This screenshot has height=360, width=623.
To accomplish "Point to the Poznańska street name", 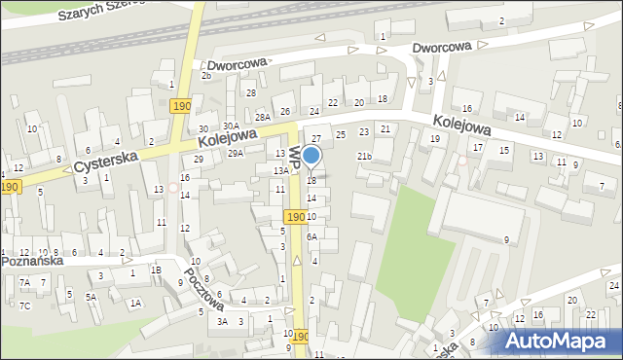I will click(x=33, y=262).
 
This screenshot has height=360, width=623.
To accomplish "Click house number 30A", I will click(x=230, y=126).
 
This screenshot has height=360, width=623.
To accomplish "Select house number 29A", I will click(x=236, y=153).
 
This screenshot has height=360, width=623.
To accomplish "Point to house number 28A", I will click(x=263, y=117).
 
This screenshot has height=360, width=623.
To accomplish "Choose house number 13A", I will click(x=278, y=170).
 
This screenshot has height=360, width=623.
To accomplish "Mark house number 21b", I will click(x=364, y=156).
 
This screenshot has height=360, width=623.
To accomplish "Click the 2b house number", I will click(x=206, y=75).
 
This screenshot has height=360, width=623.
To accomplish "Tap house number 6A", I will click(x=311, y=236).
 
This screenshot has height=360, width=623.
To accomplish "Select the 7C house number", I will click(x=25, y=306).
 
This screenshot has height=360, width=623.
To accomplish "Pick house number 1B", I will click(x=156, y=270).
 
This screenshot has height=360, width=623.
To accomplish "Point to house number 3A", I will click(x=222, y=321).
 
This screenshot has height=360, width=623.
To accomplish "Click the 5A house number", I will click(x=90, y=297).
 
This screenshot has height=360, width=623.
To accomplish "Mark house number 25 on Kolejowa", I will click(x=341, y=134).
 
